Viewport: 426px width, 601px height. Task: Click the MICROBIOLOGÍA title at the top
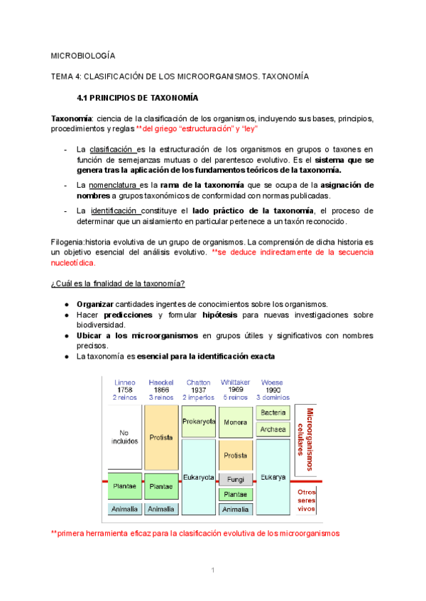coord(84,55)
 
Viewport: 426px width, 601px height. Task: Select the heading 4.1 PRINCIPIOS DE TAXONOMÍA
coord(137,98)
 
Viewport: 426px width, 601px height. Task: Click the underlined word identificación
coord(115,210)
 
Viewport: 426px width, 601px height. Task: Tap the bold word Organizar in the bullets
coord(96,304)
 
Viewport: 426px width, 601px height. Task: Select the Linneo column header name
coord(124,383)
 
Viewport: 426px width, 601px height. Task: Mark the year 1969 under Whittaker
coord(235,390)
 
